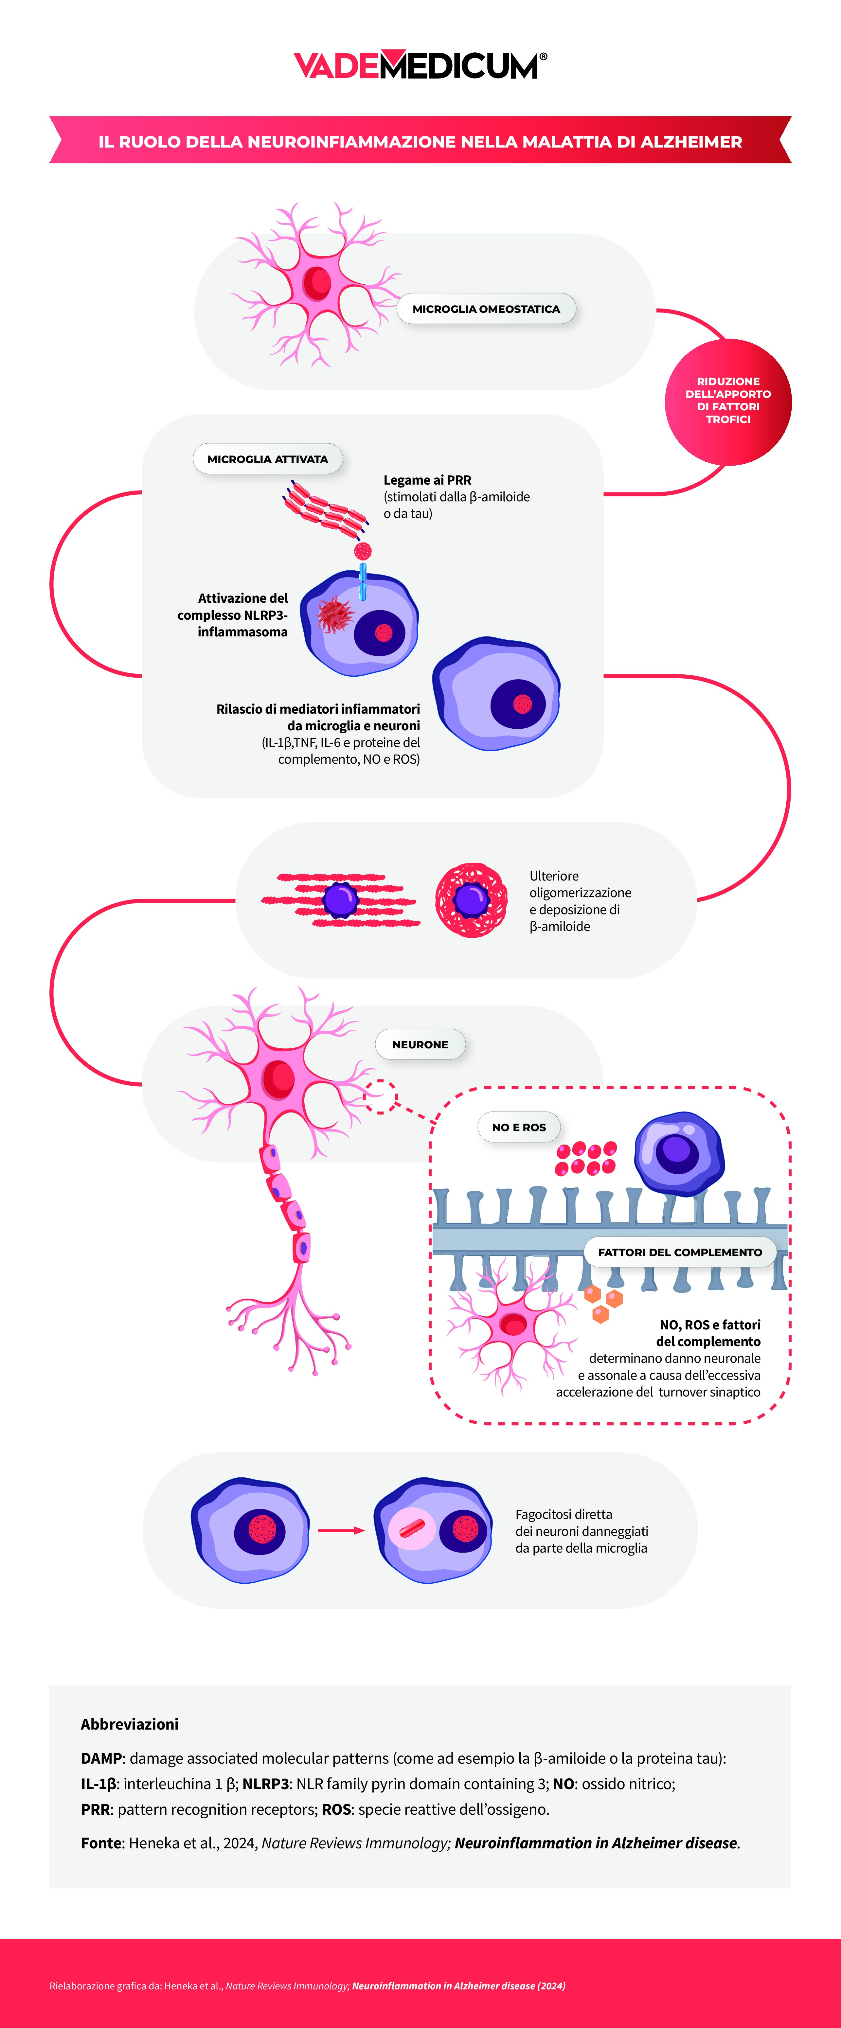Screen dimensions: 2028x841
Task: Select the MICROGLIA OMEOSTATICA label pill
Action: coord(486,309)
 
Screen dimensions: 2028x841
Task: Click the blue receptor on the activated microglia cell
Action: coord(363,581)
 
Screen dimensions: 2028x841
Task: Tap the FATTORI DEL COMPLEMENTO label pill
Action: coord(680,1252)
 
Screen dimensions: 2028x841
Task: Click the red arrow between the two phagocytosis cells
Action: coord(341,1530)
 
